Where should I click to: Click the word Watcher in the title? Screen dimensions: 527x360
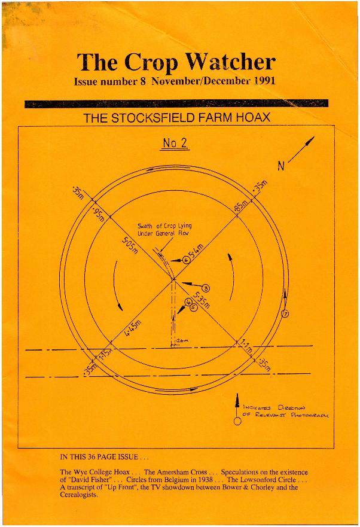230,62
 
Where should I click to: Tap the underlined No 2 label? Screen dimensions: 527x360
175,144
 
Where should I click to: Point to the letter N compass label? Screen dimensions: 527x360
280,166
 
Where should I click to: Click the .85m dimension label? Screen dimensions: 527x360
239,209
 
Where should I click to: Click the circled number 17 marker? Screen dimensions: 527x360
285,314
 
